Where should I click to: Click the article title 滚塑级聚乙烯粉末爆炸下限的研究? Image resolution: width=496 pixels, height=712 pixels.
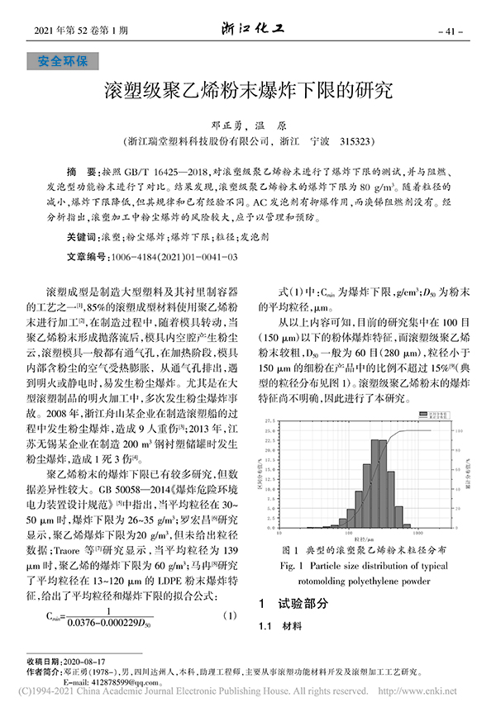tap(248, 89)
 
